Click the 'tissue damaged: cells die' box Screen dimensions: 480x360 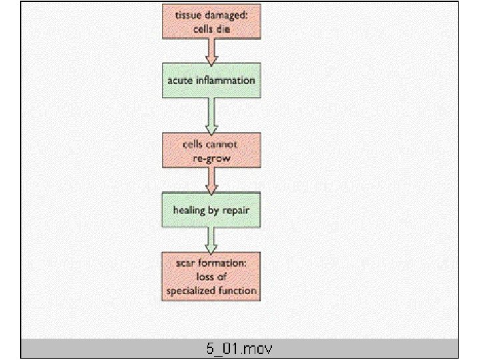tap(211, 21)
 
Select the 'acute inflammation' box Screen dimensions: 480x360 tap(211, 81)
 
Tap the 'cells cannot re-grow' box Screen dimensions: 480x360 tap(211, 150)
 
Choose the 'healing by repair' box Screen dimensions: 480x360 tap(211, 209)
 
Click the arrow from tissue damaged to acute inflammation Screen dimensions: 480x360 tap(211, 51)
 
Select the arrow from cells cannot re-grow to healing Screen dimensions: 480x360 tap(211, 179)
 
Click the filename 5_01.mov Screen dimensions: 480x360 tap(239, 349)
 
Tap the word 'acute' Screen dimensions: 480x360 tap(180, 81)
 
